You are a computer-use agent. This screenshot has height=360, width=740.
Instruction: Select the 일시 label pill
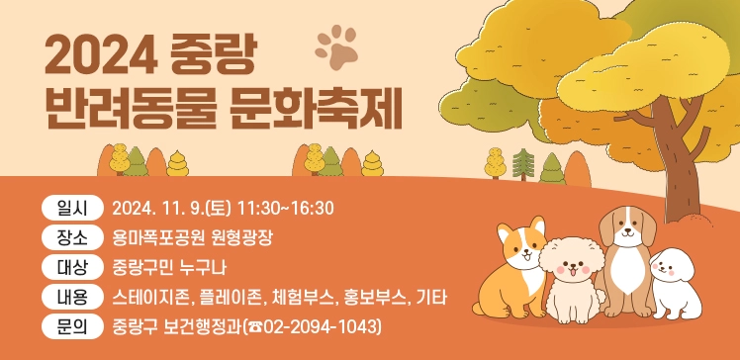click(71, 208)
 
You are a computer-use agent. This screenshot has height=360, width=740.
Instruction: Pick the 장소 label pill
click(71, 237)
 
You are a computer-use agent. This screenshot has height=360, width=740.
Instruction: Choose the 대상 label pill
click(71, 267)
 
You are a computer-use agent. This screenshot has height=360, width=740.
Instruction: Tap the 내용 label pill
click(71, 297)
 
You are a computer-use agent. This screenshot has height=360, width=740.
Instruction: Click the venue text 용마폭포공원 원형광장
click(192, 237)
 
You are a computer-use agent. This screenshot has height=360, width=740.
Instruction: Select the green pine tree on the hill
click(523, 165)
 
